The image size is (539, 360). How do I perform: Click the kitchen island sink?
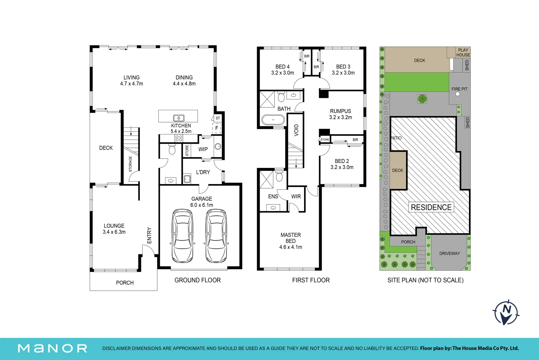click(179, 118)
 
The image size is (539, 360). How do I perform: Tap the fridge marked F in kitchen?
click(217, 128)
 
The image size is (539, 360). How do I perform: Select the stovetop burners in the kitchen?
click(179, 138)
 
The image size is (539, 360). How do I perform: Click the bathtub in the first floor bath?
click(273, 120)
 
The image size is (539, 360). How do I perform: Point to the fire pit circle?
click(458, 94)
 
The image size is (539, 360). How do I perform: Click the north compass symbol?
click(506, 312)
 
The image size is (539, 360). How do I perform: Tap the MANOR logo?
click(52, 348)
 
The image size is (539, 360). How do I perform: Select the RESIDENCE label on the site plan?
click(431, 207)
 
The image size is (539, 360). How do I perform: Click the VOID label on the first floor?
click(296, 130)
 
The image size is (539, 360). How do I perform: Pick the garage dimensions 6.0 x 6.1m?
click(202, 205)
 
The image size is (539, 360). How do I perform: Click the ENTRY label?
click(149, 235)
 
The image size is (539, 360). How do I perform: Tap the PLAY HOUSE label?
click(463, 52)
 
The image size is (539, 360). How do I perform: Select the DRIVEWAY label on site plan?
click(449, 253)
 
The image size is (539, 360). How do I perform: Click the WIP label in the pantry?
click(203, 149)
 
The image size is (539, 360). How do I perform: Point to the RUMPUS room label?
click(340, 111)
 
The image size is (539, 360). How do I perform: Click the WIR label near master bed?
click(296, 196)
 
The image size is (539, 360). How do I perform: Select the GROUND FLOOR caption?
click(198, 280)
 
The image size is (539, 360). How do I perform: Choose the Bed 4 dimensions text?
click(282, 73)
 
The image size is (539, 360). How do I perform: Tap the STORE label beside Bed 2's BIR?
click(325, 140)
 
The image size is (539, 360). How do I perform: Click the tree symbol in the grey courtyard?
click(422, 99)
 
